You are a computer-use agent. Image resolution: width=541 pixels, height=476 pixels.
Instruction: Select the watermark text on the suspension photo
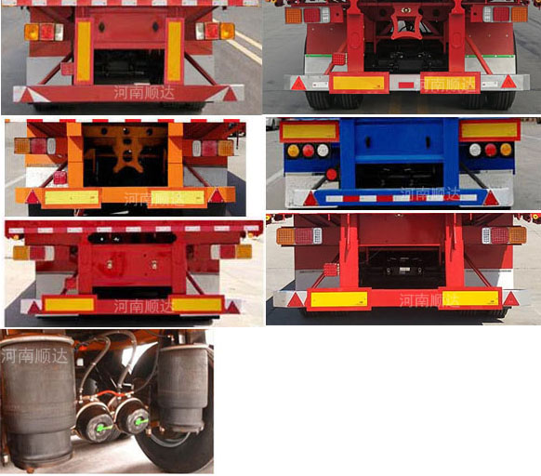(x=34, y=352)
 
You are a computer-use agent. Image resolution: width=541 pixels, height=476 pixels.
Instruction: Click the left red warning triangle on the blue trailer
(x=310, y=198)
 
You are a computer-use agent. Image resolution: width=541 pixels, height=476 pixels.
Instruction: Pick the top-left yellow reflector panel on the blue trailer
(x=310, y=130)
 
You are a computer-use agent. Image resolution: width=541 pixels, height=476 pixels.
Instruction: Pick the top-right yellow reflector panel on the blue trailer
(x=489, y=130)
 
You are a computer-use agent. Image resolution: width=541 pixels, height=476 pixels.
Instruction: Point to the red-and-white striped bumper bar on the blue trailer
(x=400, y=197)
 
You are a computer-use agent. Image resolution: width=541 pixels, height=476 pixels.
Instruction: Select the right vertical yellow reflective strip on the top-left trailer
(x=174, y=50)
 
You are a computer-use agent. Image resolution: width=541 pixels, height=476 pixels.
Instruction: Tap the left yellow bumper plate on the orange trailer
(x=72, y=197)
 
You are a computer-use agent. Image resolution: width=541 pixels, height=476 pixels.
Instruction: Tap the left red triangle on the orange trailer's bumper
(x=33, y=197)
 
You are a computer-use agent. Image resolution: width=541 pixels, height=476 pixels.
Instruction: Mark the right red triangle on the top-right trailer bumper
(x=508, y=82)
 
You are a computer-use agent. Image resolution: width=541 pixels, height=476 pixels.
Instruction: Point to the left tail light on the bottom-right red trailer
(x=296, y=236)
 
